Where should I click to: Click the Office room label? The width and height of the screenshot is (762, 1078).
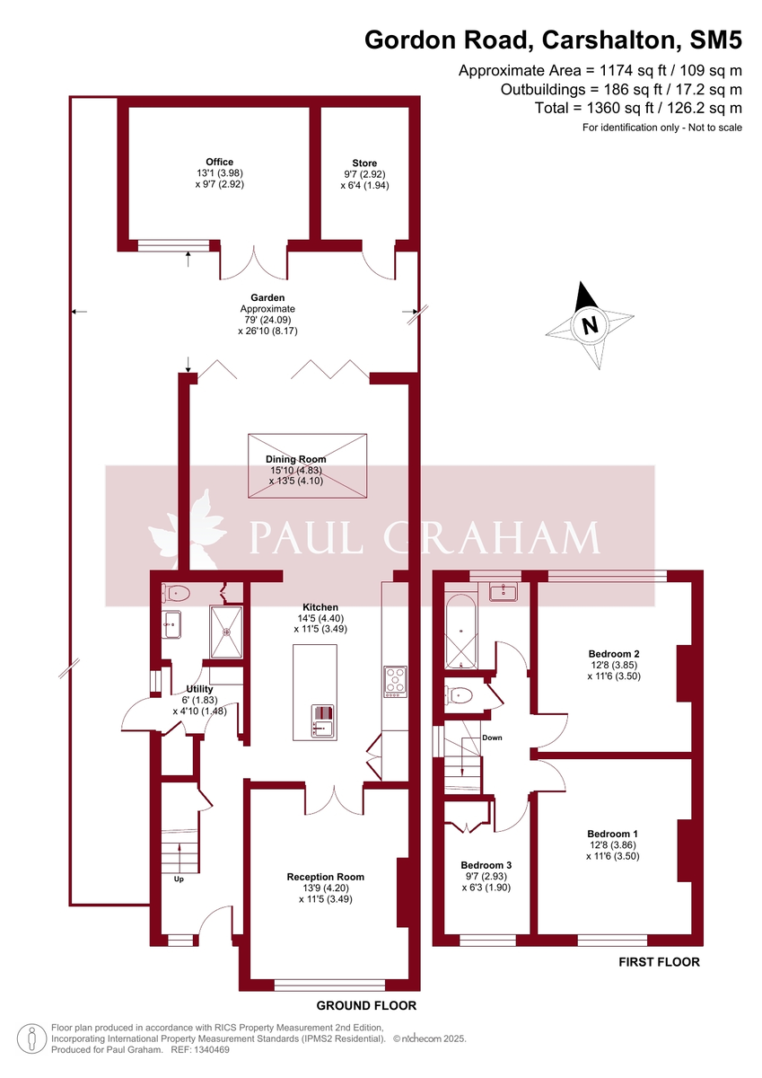coord(220,163)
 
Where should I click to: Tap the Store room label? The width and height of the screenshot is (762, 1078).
coord(365,163)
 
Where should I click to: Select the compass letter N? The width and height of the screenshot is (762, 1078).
coord(590,325)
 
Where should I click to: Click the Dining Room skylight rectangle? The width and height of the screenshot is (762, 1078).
coord(309,464)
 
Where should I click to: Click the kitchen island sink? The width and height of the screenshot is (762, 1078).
coord(322,720)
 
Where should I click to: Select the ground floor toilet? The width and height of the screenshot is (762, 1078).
coord(177,592)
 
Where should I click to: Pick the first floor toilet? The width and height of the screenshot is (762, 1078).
coord(460,694)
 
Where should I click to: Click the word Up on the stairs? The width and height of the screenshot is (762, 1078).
coord(179,879)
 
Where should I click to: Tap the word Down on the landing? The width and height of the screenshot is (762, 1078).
coord(492,738)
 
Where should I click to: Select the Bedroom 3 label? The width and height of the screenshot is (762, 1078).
coord(486,864)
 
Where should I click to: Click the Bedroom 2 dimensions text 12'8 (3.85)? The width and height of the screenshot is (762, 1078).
coord(614,665)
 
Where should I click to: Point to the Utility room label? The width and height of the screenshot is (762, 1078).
coord(199,689)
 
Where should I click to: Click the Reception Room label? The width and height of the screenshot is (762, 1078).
coord(326,877)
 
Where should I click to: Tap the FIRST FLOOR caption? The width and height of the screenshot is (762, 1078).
coord(659,962)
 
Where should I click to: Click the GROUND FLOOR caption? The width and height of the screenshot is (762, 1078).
coord(367,1005)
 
